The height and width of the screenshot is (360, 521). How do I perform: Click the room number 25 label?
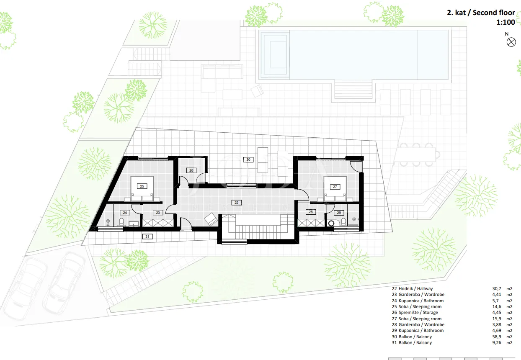[142, 186]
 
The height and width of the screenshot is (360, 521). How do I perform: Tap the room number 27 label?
[335, 187]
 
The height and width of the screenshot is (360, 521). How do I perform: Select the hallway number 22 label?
[236, 203]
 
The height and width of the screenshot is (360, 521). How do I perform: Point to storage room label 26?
[191, 170]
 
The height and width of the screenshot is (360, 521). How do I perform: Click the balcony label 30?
[248, 159]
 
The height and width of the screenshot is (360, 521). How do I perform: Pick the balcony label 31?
[147, 237]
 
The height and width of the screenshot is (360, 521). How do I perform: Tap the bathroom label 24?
[125, 212]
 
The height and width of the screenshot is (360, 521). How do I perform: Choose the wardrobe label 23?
[158, 212]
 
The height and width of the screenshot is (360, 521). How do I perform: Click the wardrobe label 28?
[311, 212]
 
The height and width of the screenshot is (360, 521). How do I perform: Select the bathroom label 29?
[339, 213]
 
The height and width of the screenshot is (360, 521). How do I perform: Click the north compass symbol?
[511, 42]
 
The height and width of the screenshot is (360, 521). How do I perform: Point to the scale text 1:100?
[506, 22]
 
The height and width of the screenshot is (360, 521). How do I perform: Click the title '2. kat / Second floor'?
[481, 13]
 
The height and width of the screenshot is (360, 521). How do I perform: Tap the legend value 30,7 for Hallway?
[497, 289]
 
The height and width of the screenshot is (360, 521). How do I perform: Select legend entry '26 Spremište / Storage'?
[415, 313]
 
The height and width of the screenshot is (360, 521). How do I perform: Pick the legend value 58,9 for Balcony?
[497, 337]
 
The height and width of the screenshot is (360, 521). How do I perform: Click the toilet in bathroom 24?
[121, 222]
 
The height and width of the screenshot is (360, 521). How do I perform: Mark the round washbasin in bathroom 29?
[331, 224]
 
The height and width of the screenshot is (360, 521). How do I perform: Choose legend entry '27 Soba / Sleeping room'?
[417, 319]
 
